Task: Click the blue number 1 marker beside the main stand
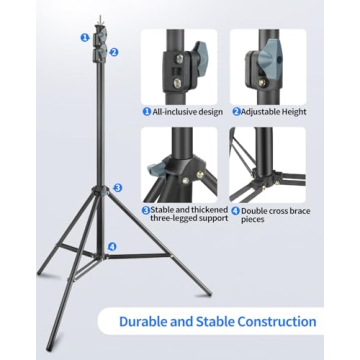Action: [x=84, y=36]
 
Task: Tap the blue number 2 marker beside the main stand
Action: [x=113, y=52]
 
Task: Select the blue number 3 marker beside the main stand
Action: [x=117, y=187]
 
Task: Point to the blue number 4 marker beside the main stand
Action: [x=112, y=246]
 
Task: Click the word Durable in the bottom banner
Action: [x=146, y=322]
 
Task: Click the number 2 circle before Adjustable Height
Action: [x=237, y=111]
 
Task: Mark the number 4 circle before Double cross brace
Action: [x=235, y=211]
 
